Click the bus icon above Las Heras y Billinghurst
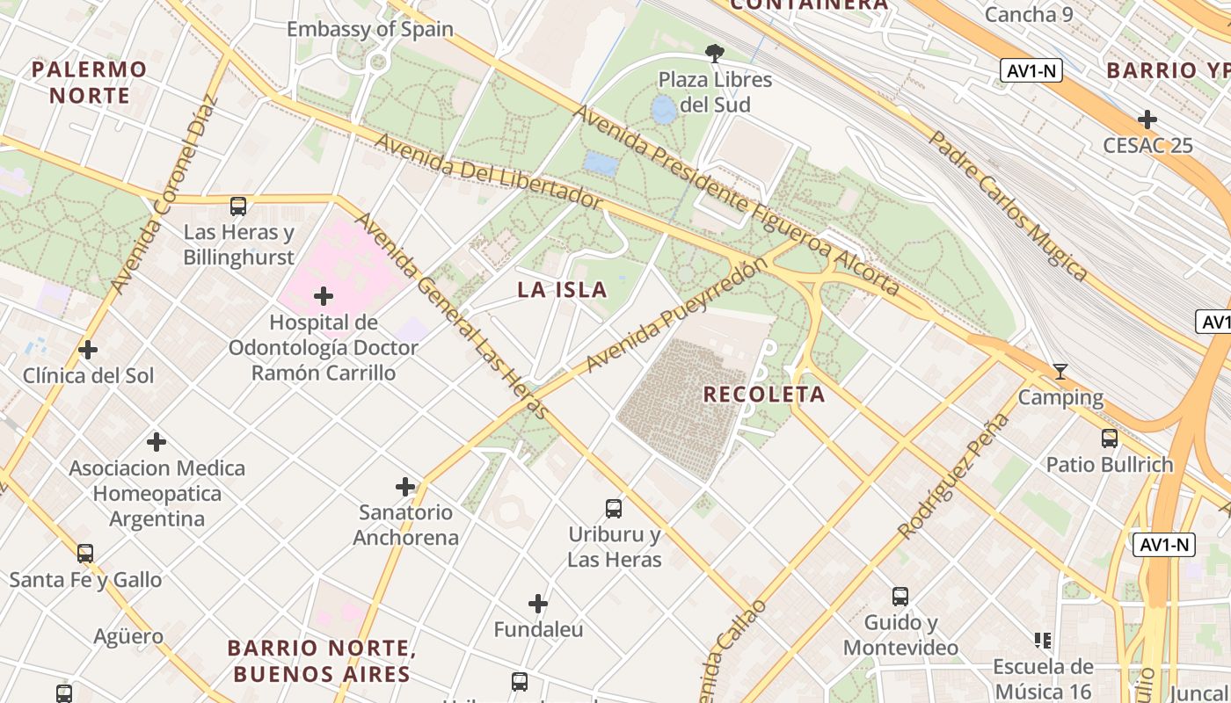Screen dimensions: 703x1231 pos(238,207)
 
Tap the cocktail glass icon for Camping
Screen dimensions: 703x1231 pos(1060,372)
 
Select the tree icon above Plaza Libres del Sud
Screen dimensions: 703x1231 pos(715,54)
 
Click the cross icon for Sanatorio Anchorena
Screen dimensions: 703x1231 pos(405,486)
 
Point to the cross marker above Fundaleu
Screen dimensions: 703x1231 pos(538,604)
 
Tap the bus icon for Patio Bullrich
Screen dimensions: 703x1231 pos(1110,438)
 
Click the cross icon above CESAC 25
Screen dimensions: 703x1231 pos(1147,120)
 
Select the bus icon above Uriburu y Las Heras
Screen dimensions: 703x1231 pos(614,508)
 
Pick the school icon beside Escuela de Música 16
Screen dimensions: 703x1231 pos(1043,641)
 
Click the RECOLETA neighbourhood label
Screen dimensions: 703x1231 pos(764,395)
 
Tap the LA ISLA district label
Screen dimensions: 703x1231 pos(562,290)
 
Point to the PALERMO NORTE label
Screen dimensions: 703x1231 pos(90,82)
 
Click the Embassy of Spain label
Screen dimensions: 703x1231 pos(370,29)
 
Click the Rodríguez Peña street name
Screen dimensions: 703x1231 pos(952,475)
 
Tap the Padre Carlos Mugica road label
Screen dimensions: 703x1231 pos(1009,206)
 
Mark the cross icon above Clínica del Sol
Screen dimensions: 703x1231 pos(88,350)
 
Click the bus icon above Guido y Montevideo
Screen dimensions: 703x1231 pos(900,597)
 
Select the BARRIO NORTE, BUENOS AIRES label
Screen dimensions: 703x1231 pos(322,661)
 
